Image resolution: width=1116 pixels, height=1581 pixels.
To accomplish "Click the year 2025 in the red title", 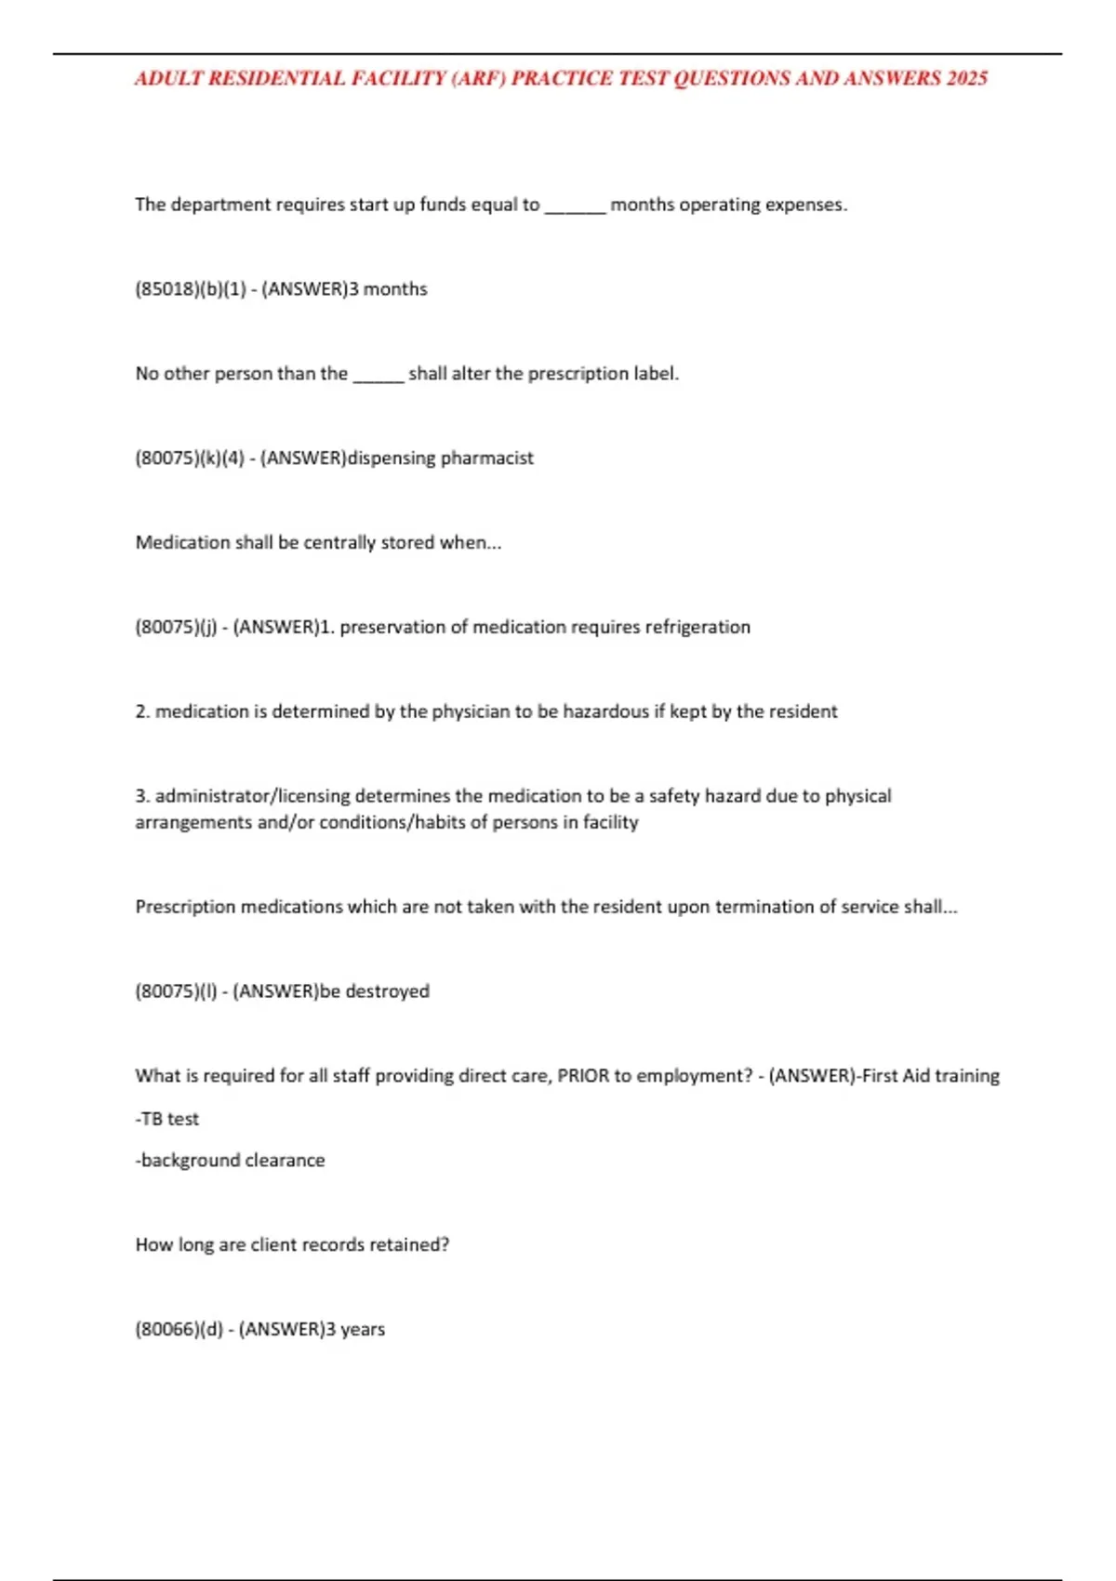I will click(x=967, y=79).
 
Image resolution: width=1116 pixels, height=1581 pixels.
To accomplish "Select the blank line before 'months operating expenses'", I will click(x=575, y=206).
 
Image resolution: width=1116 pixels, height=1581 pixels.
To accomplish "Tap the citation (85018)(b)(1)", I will click(x=191, y=289).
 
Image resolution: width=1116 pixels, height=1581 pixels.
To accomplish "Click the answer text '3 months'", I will click(x=388, y=289).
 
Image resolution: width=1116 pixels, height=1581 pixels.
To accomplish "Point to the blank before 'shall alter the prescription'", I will click(x=378, y=375).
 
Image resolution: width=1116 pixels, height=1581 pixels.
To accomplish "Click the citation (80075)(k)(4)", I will click(x=190, y=458).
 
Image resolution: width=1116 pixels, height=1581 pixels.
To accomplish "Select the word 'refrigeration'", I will click(x=697, y=628).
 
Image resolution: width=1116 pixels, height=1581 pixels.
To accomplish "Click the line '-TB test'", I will click(x=167, y=1119).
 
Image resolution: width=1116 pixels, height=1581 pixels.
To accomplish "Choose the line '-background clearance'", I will click(x=230, y=1161).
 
